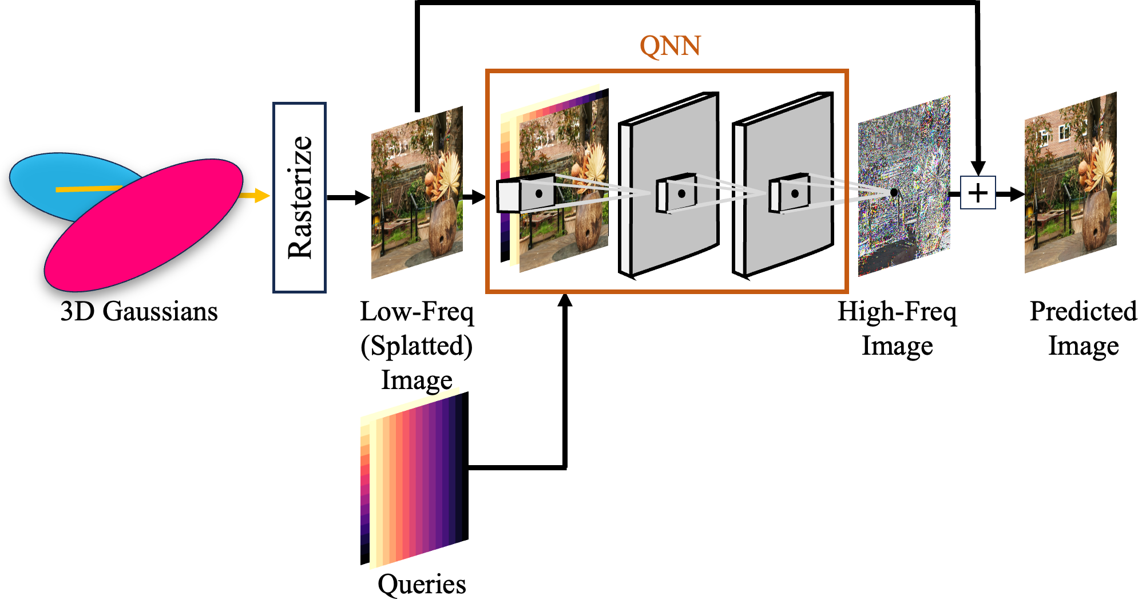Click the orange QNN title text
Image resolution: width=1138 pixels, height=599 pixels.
click(669, 46)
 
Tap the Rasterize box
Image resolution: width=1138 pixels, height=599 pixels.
click(299, 197)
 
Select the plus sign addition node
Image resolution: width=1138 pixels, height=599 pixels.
click(978, 193)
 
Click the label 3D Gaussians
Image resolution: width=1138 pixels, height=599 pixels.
click(139, 312)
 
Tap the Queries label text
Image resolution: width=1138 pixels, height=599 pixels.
click(422, 584)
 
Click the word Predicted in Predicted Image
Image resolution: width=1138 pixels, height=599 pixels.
click(1083, 312)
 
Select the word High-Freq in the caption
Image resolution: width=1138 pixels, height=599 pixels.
click(897, 312)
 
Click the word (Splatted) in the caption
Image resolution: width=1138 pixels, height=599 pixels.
click(417, 346)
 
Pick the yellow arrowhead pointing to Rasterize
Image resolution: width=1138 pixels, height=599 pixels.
click(262, 196)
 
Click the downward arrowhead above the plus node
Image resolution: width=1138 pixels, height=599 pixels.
click(978, 167)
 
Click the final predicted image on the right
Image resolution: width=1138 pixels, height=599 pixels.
click(1070, 183)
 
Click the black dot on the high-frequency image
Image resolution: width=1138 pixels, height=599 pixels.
click(894, 192)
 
